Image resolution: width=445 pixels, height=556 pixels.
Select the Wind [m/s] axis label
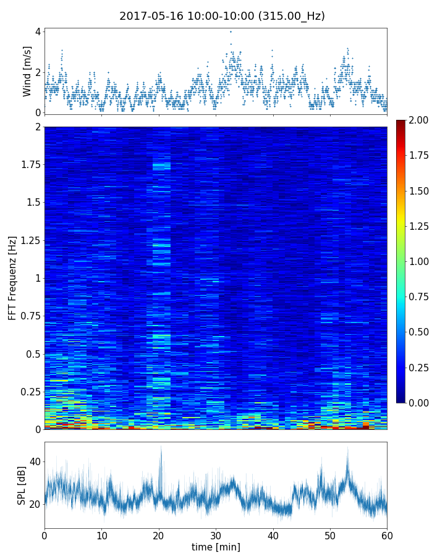[x=27, y=71]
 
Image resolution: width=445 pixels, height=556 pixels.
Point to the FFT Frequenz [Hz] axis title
[x=12, y=277]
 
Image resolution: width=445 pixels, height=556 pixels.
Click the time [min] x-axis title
[x=216, y=547]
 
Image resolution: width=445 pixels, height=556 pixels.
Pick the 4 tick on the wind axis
[x=38, y=32]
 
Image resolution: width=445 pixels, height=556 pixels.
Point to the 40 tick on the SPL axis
[x=35, y=461]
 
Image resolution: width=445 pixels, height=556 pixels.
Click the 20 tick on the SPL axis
[x=35, y=504]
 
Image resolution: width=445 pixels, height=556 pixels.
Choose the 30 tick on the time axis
[x=216, y=534]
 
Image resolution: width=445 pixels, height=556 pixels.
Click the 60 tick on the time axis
[x=387, y=534]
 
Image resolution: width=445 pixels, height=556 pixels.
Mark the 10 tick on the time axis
[x=101, y=534]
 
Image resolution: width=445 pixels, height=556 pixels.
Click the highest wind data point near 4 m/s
[x=231, y=32]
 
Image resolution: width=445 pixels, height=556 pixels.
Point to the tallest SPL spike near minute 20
[x=161, y=447]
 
